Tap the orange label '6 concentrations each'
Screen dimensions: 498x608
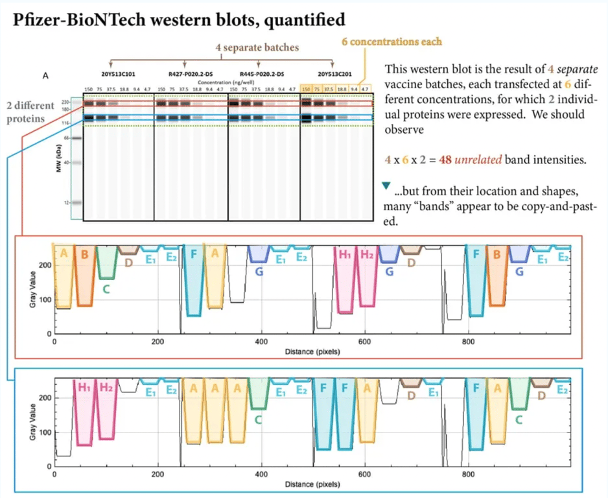392,41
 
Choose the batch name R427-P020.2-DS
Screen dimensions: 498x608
185,75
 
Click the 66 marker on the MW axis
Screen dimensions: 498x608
66,138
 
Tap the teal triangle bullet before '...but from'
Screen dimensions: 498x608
387,187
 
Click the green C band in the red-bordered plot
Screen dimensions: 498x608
106,289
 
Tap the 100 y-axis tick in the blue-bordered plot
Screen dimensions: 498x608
45,433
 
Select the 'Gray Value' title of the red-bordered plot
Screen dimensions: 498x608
32,290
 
